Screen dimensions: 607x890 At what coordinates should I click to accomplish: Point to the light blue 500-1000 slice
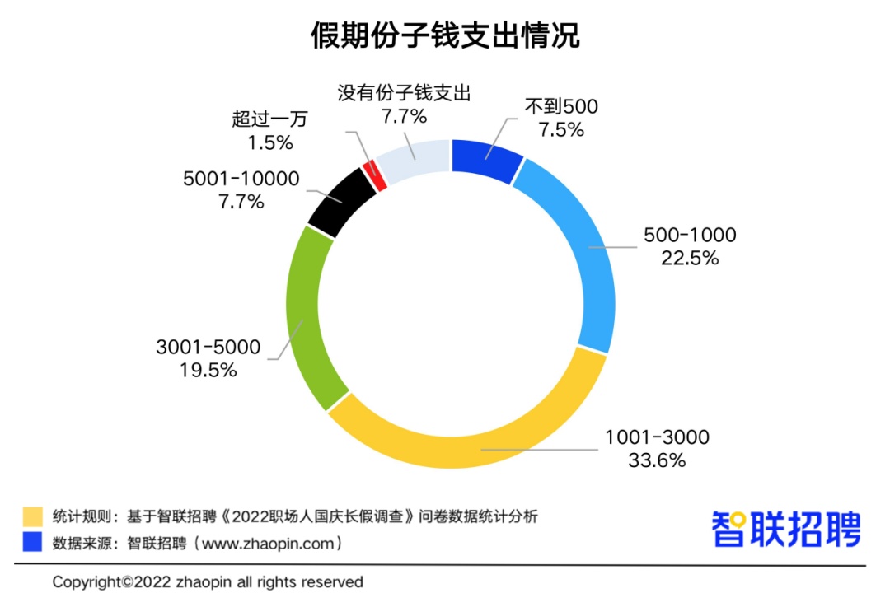pyautogui.click(x=581, y=247)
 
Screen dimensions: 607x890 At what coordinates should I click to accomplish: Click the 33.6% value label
pyautogui.click(x=657, y=460)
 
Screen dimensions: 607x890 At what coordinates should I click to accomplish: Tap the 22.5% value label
pyautogui.click(x=690, y=258)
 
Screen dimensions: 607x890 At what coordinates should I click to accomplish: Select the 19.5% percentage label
pyautogui.click(x=208, y=370)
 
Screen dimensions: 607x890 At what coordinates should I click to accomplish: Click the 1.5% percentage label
pyautogui.click(x=270, y=142)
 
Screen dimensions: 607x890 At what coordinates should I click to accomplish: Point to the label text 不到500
pyautogui.click(x=561, y=107)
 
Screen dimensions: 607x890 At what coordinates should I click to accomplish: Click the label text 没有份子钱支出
pyautogui.click(x=404, y=93)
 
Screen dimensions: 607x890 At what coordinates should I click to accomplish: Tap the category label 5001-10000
pyautogui.click(x=241, y=179)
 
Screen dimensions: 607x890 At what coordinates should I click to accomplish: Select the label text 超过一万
pyautogui.click(x=269, y=119)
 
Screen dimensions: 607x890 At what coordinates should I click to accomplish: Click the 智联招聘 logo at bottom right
pyautogui.click(x=786, y=529)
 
